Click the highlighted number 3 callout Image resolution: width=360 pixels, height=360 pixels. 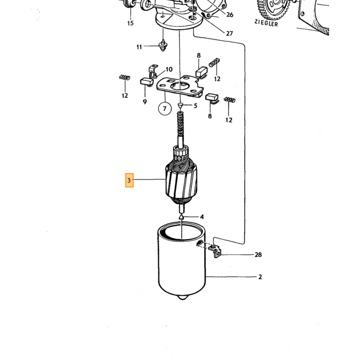coord(129,180)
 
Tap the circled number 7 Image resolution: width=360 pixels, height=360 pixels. coord(165,109)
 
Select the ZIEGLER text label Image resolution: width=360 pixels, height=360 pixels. coord(266,23)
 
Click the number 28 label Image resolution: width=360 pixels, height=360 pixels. coord(258,255)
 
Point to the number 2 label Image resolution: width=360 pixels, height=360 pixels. coord(260,277)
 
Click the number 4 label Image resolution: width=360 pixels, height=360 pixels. coord(202,217)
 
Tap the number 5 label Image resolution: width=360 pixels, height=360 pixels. coord(195,105)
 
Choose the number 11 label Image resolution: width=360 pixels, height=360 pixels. coord(139,47)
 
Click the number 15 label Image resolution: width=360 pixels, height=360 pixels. coord(131,23)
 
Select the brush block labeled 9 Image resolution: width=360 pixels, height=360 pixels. coord(147,82)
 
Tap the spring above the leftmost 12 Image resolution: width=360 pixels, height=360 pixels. coord(124,77)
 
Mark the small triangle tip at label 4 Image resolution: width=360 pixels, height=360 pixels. coord(182,217)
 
